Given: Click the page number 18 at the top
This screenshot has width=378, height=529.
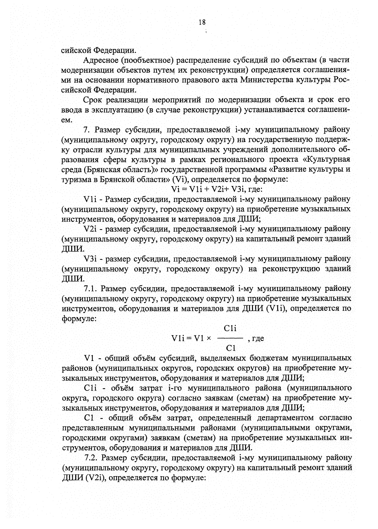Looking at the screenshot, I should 202,22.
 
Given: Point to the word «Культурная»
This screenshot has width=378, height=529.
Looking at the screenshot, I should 327,160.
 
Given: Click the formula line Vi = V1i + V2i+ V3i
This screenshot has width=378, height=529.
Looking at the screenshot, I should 214,189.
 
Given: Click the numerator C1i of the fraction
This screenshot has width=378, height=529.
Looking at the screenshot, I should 230,329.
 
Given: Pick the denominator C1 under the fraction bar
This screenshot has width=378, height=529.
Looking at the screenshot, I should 231,348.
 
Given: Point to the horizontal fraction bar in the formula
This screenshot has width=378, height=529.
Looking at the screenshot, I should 230,338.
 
